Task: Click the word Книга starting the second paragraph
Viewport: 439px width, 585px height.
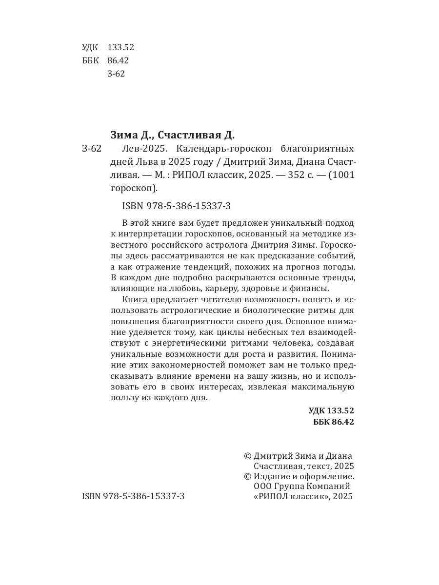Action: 137,300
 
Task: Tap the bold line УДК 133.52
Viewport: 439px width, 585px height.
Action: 331,410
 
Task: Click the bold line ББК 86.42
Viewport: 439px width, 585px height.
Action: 333,422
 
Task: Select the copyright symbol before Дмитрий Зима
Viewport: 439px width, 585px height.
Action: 247,456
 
